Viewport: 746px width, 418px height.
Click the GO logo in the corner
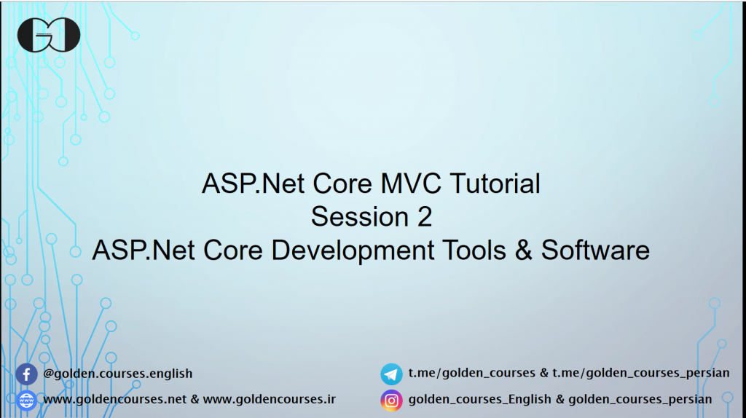point(49,34)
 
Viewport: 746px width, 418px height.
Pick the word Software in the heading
point(595,251)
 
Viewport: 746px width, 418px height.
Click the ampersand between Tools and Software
point(523,251)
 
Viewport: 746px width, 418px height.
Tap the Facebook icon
point(26,374)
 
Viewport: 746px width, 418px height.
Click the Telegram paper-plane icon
point(391,374)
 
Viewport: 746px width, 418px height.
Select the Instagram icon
point(391,400)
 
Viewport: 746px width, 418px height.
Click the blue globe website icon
point(26,400)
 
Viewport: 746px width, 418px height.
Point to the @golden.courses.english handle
point(118,374)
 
